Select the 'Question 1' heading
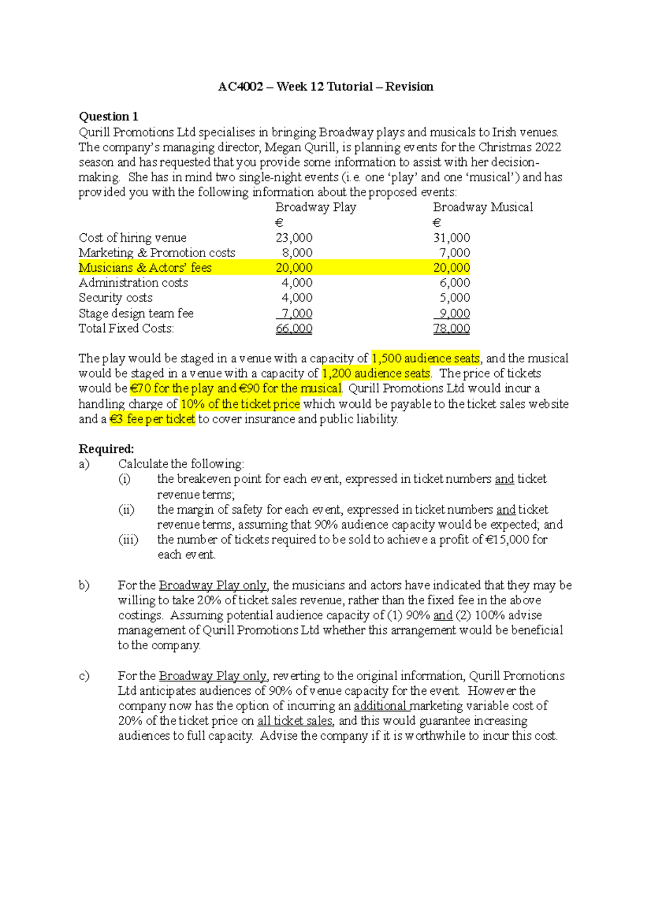[x=108, y=117]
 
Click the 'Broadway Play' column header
[x=316, y=207]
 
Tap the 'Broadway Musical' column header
[x=483, y=207]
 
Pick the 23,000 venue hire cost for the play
[x=294, y=238]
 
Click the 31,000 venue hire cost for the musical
[x=451, y=238]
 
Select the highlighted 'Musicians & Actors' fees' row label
[x=145, y=267]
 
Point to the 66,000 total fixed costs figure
[x=294, y=328]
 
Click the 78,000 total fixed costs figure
[x=451, y=328]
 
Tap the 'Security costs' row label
[x=116, y=298]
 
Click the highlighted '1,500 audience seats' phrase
[x=425, y=359]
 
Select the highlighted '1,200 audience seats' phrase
[x=376, y=374]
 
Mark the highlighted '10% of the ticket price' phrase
[x=240, y=404]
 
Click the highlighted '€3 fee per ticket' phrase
[x=152, y=419]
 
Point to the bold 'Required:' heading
[x=106, y=449]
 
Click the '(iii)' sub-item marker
[x=128, y=540]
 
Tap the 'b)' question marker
[x=84, y=585]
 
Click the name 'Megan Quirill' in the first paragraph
[x=300, y=148]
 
